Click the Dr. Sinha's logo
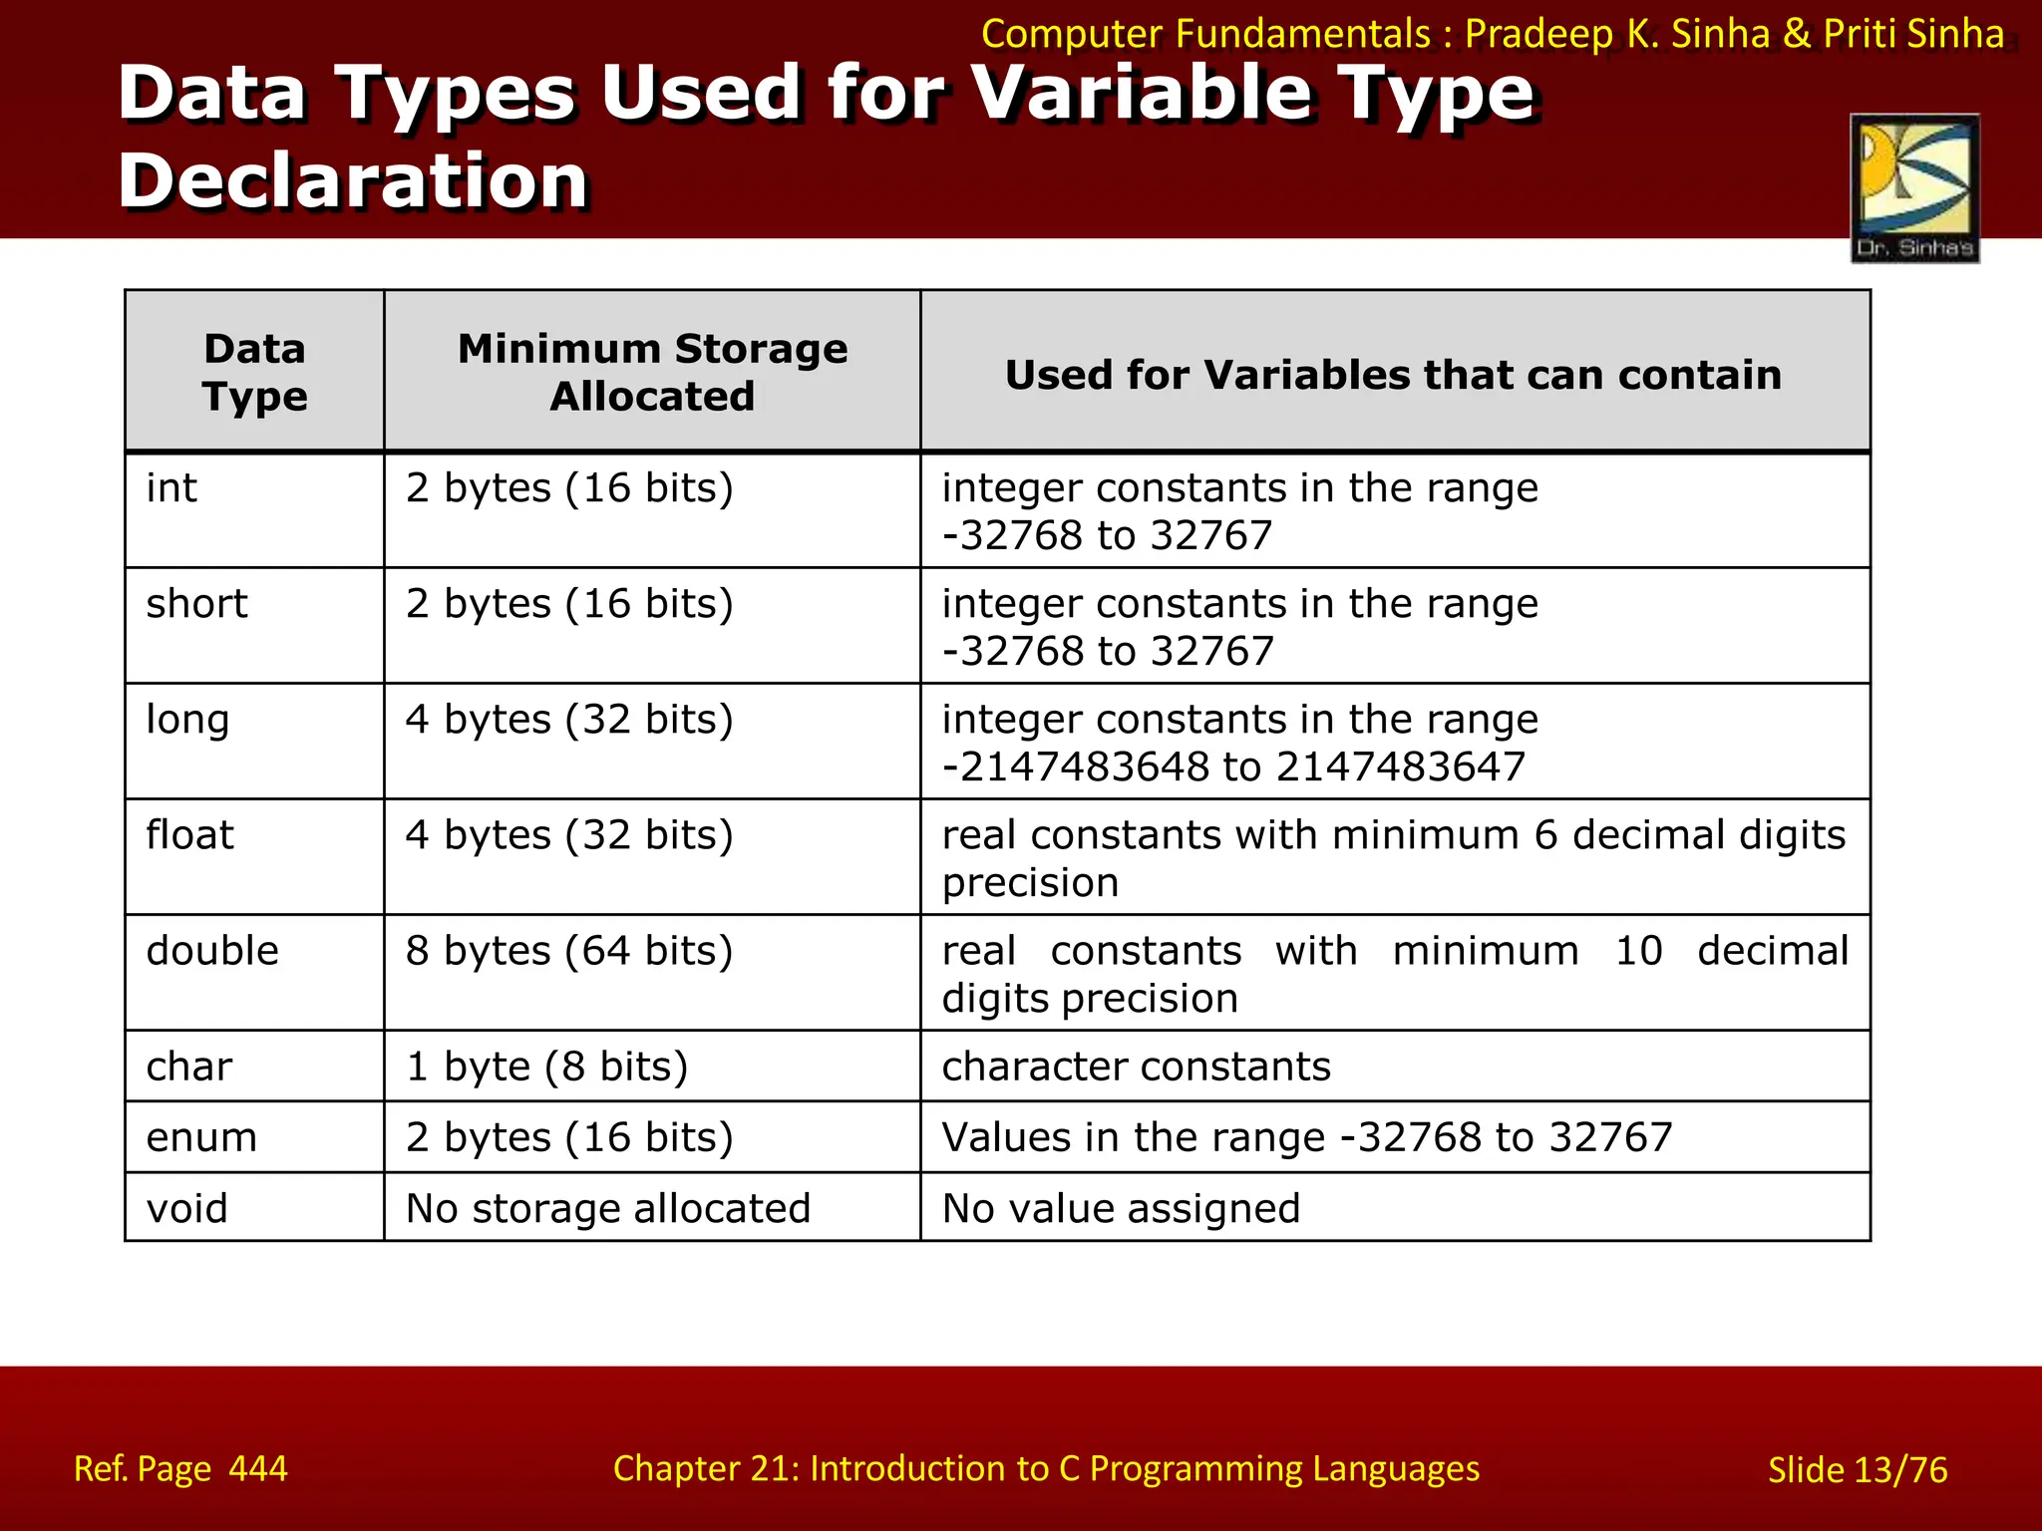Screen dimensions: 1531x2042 [1914, 188]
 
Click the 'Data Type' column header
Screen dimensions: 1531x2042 [254, 372]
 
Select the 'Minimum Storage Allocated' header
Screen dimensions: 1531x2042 [652, 372]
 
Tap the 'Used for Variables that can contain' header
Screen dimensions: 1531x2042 [1393, 375]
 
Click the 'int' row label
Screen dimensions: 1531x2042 [171, 488]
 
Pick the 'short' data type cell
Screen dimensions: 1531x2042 [196, 604]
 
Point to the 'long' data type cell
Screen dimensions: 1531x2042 [187, 720]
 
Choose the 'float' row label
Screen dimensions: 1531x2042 [189, 835]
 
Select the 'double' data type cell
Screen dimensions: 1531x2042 [212, 951]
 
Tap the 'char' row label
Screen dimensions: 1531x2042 [189, 1067]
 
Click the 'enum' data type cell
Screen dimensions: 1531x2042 [201, 1137]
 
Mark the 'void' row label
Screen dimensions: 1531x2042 [187, 1208]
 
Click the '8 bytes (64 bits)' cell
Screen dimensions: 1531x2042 [569, 951]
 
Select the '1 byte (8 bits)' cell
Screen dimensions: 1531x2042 [546, 1067]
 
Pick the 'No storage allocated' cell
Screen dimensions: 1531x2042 [608, 1208]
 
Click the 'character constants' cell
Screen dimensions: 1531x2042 [1136, 1067]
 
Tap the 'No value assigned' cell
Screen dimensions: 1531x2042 [1121, 1208]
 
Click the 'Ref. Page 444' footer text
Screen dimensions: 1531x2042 [180, 1468]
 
